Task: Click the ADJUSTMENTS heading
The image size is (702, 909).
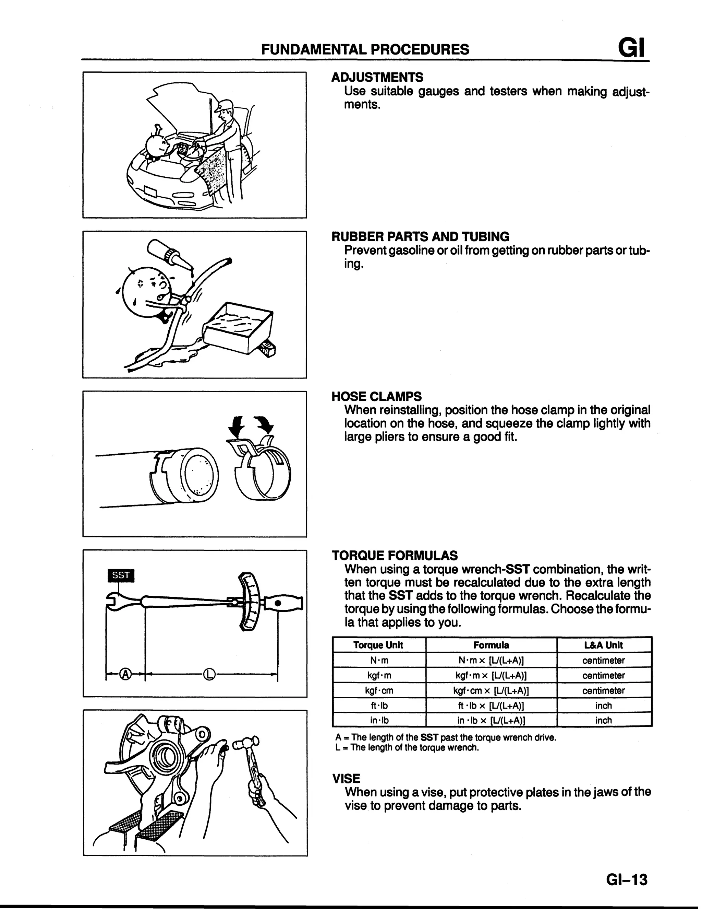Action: [x=377, y=78]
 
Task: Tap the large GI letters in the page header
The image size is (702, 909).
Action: [x=631, y=48]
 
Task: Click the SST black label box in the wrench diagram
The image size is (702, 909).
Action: [x=121, y=575]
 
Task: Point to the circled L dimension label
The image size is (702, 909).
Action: [x=209, y=673]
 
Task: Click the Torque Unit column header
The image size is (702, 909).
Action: [x=378, y=645]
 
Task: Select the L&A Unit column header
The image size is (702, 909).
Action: [x=603, y=645]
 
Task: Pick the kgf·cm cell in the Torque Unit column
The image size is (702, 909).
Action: [x=379, y=690]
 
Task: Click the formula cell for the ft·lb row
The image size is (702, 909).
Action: [x=491, y=706]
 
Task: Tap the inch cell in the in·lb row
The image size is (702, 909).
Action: [x=603, y=720]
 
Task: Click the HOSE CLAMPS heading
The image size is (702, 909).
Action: [x=376, y=396]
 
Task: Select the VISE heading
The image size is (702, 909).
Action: [x=346, y=778]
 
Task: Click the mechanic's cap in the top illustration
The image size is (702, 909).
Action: [x=224, y=105]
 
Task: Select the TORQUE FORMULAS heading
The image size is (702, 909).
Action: [x=394, y=556]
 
